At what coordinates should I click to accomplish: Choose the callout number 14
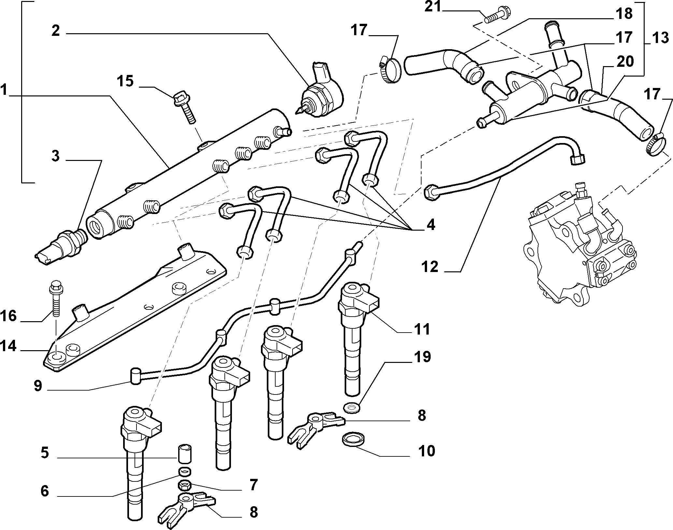click(x=8, y=346)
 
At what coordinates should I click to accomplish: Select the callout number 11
click(x=422, y=329)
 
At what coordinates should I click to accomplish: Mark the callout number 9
click(x=38, y=386)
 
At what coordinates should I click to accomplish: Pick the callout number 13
click(x=660, y=38)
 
